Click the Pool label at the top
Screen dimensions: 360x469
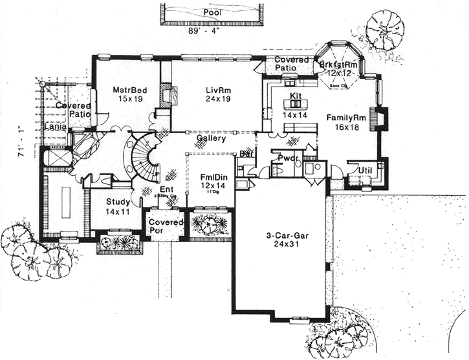pyautogui.click(x=211, y=12)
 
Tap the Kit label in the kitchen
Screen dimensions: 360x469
pyautogui.click(x=296, y=95)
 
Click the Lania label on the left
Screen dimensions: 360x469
pyautogui.click(x=54, y=127)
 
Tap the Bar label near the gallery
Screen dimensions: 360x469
pyautogui.click(x=246, y=154)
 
